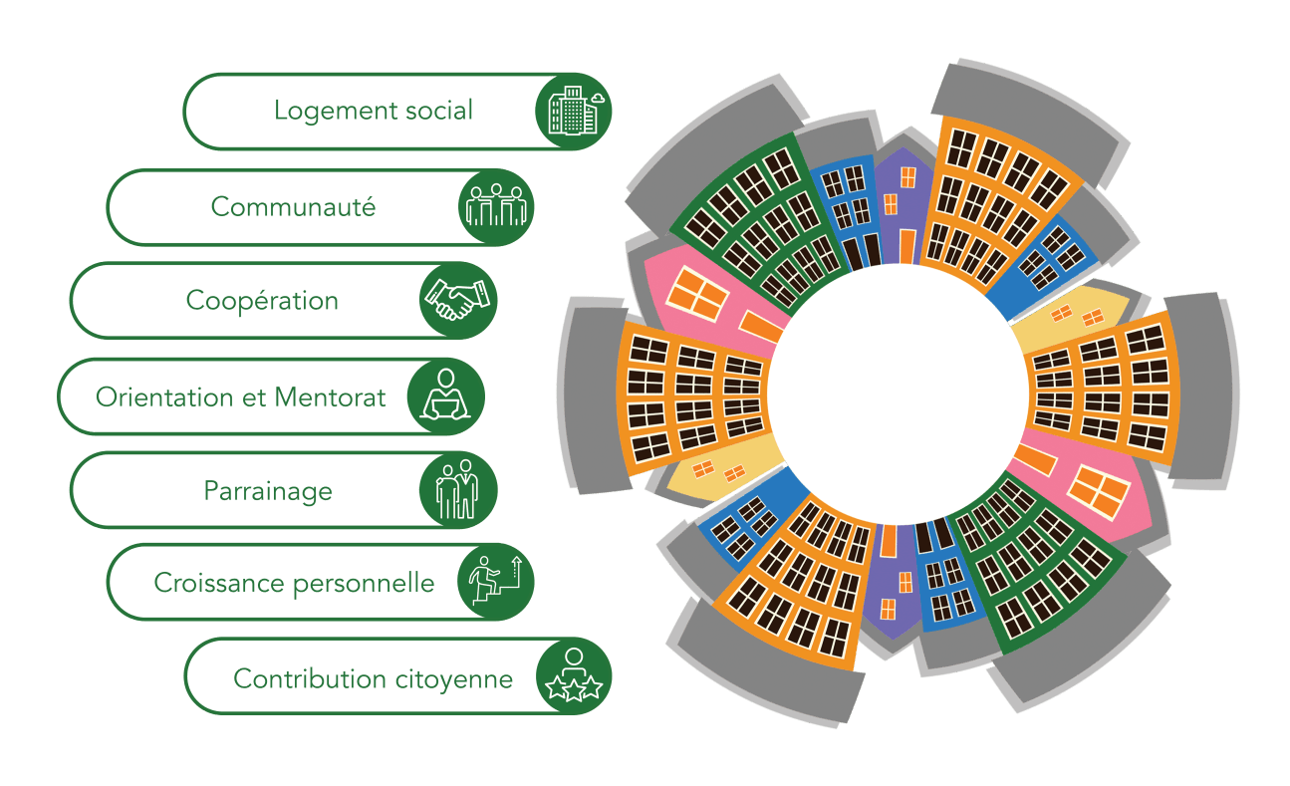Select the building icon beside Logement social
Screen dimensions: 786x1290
(x=573, y=110)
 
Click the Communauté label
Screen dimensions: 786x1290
(x=293, y=206)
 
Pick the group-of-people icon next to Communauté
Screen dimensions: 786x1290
(x=496, y=206)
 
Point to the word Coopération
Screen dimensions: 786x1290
(x=262, y=301)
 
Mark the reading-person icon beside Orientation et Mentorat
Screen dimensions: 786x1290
(x=445, y=395)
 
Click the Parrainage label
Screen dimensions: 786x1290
(x=268, y=491)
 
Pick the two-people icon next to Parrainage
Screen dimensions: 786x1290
(x=458, y=489)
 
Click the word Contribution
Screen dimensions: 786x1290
(x=295, y=679)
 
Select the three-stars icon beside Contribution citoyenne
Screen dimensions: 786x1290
(x=573, y=677)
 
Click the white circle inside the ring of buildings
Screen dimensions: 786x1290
(x=898, y=393)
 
